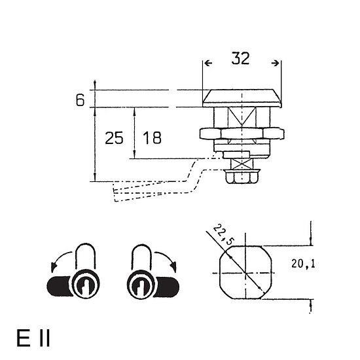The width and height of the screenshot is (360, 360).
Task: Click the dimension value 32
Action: coord(240,58)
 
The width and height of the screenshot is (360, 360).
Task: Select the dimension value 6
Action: coord(80,100)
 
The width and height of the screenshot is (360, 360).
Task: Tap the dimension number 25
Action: coord(114,138)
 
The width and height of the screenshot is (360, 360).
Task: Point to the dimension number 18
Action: coord(152,138)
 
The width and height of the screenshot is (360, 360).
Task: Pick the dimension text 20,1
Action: coord(303,264)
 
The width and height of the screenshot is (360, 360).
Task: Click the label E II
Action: coord(33,338)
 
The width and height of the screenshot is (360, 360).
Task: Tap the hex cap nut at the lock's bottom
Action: coord(242,176)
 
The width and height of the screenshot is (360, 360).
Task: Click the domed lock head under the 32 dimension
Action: coord(242,98)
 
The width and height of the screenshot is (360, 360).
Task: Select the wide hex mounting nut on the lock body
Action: coord(242,134)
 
